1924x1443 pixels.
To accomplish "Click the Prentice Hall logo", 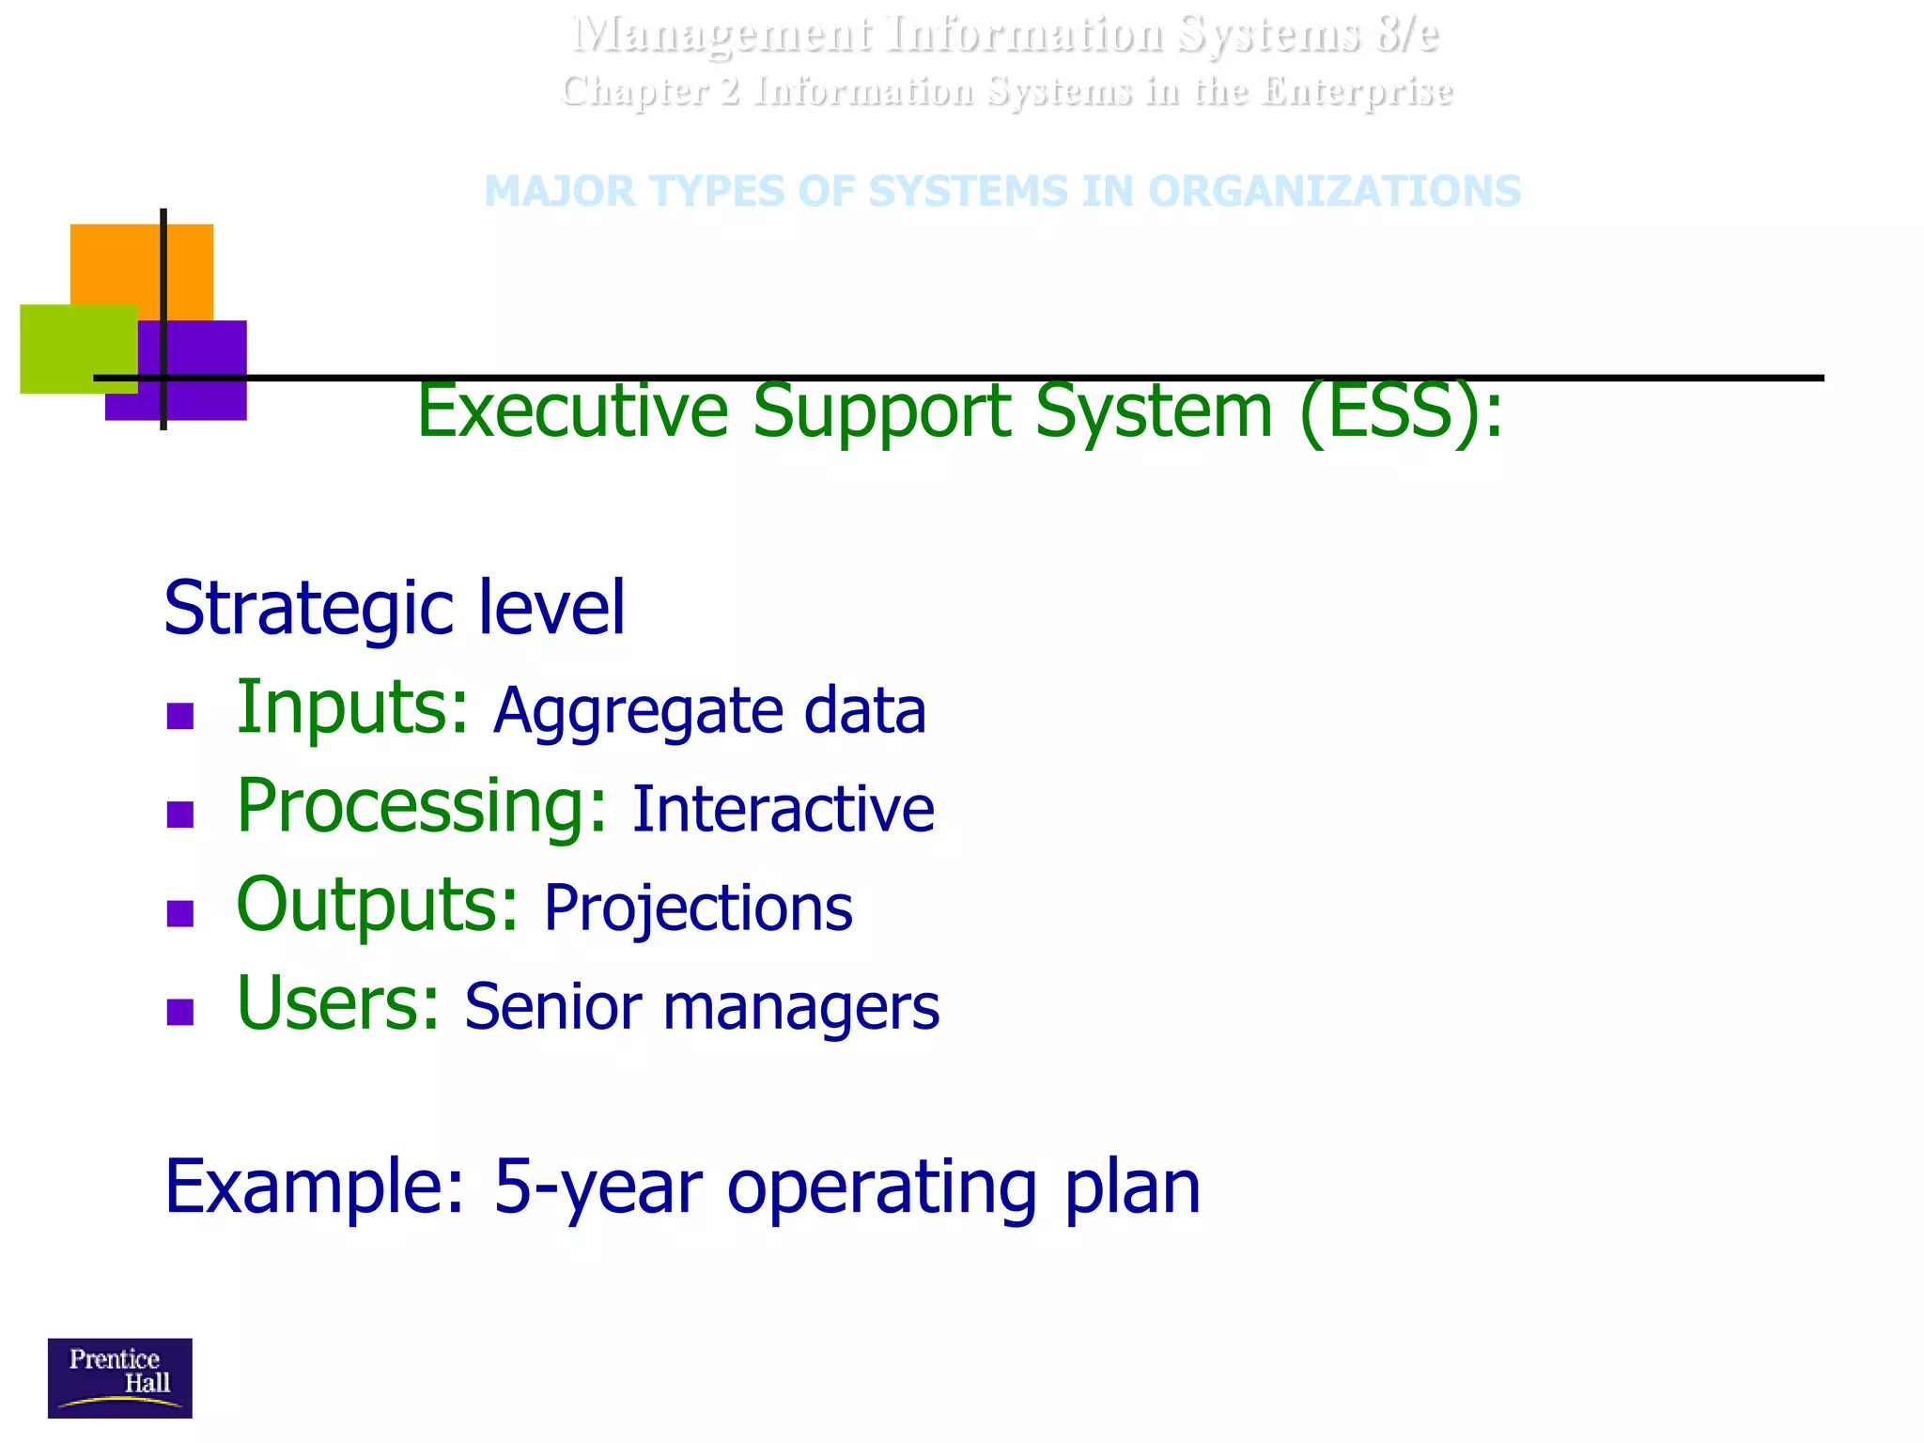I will (x=119, y=1377).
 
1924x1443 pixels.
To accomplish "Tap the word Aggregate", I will (x=638, y=711).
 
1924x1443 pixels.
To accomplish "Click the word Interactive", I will (x=783, y=809).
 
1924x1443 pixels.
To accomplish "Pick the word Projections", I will (x=698, y=908).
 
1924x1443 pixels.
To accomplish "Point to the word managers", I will (x=800, y=1007).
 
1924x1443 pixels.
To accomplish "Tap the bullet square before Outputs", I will (x=179, y=913).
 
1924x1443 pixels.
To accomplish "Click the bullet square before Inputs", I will (x=179, y=717).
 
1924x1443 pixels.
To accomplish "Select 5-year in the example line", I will (x=597, y=1187).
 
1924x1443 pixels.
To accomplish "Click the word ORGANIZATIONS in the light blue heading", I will (x=1333, y=192).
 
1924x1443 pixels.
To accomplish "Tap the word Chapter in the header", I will (x=635, y=92).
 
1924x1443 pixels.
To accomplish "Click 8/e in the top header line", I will (x=1406, y=35).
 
